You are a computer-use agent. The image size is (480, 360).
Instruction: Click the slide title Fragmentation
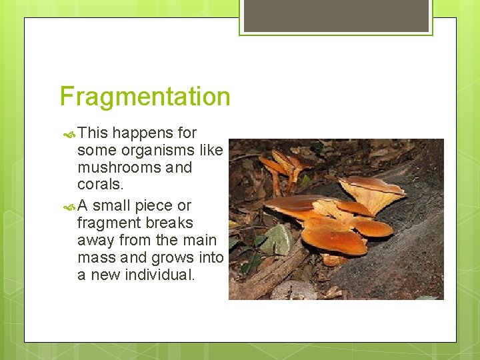(145, 97)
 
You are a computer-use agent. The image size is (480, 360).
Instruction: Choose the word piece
(152, 205)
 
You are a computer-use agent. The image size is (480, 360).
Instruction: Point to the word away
(95, 240)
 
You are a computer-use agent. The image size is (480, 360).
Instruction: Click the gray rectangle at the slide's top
(336, 15)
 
